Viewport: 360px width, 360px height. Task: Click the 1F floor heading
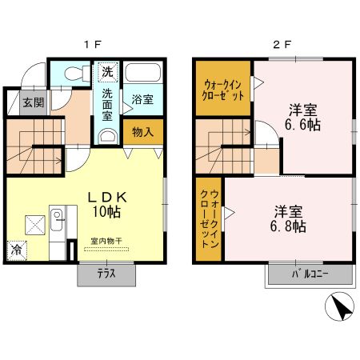pyautogui.click(x=92, y=44)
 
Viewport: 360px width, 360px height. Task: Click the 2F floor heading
pyautogui.click(x=282, y=44)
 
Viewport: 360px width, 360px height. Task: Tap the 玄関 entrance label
pyautogui.click(x=34, y=102)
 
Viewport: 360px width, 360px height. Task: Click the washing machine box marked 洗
pyautogui.click(x=108, y=71)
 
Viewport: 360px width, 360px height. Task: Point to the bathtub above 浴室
pyautogui.click(x=143, y=72)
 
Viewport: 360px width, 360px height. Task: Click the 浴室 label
pyautogui.click(x=142, y=99)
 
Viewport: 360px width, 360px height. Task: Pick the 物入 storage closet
pyautogui.click(x=143, y=132)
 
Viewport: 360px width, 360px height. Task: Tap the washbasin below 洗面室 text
pyautogui.click(x=107, y=136)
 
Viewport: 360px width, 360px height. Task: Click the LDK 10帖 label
pyautogui.click(x=107, y=205)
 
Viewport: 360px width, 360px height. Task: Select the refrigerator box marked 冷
pyautogui.click(x=17, y=250)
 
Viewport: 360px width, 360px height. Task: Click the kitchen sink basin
pyautogui.click(x=57, y=220)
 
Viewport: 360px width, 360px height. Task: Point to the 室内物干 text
pyautogui.click(x=106, y=241)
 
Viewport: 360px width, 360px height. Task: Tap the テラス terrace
pyautogui.click(x=106, y=274)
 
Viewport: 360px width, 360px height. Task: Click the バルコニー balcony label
pyautogui.click(x=310, y=274)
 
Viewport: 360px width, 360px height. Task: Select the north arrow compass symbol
pyautogui.click(x=339, y=306)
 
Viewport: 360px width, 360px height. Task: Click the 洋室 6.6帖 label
pyautogui.click(x=303, y=118)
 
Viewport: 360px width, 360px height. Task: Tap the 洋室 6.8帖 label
pyautogui.click(x=288, y=219)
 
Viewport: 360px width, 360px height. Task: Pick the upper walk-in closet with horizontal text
pyautogui.click(x=223, y=88)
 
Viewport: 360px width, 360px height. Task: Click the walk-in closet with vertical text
pyautogui.click(x=208, y=219)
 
